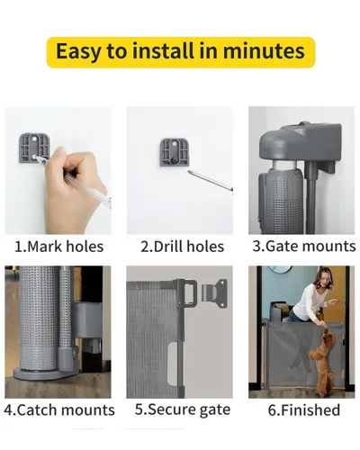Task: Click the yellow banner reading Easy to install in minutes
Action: (181, 52)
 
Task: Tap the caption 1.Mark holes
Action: (59, 247)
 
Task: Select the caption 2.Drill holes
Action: (183, 247)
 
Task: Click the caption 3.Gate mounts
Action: (304, 246)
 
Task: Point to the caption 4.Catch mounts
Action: (59, 409)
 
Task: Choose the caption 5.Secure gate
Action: (183, 409)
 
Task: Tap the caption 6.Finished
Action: (304, 409)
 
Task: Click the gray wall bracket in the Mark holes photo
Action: (33, 148)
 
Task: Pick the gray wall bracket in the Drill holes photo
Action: (175, 152)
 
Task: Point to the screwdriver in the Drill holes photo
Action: (210, 181)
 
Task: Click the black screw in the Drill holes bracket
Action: (174, 161)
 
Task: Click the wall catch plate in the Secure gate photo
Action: (214, 293)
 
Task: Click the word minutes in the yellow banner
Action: (264, 51)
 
